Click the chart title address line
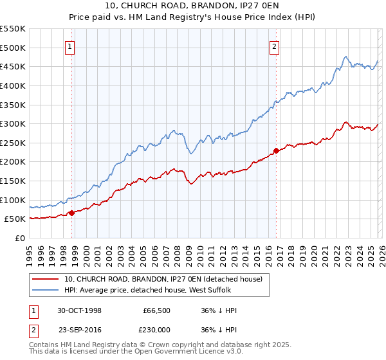[x=192, y=6]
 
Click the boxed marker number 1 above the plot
[x=69, y=46]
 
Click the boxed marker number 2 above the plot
[x=274, y=46]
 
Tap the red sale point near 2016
[x=276, y=150]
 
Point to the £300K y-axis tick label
[x=12, y=123]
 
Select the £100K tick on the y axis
[x=12, y=200]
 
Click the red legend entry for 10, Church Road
[x=163, y=279]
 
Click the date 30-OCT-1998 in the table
[x=80, y=310]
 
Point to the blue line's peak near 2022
[x=346, y=57]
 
